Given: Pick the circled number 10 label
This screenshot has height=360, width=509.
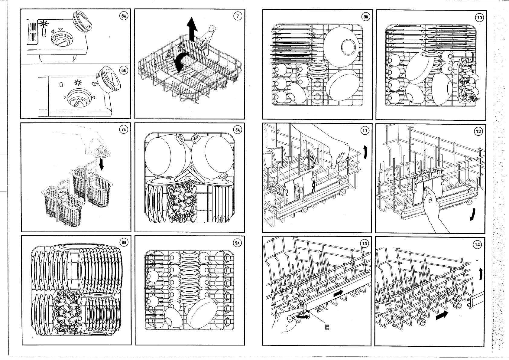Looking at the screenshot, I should click(x=479, y=18).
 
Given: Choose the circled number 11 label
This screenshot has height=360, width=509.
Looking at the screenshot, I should click(x=365, y=131).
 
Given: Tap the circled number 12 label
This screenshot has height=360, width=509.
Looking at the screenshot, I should click(x=479, y=131).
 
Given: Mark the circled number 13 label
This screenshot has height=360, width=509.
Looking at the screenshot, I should click(x=365, y=244).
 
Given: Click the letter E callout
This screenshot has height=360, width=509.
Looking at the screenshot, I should click(x=327, y=327).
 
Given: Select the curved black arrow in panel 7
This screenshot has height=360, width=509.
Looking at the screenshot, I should click(x=182, y=61).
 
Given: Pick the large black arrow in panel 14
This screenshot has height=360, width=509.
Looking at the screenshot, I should click(x=443, y=316).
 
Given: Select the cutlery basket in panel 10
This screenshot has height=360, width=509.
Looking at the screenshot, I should click(x=467, y=80).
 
